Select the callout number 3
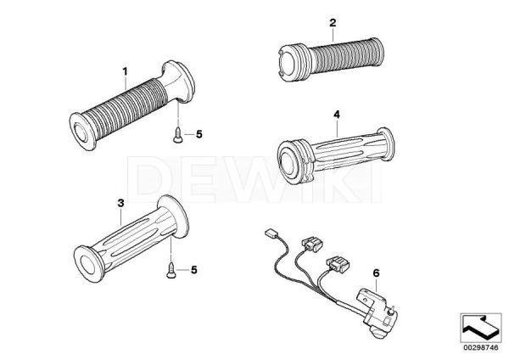tap(121, 203)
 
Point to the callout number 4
tap(337, 115)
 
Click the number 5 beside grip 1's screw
tap(200, 134)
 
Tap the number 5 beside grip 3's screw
tap(194, 271)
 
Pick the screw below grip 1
tap(176, 132)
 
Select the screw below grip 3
tap(171, 272)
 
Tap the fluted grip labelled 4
tap(339, 153)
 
